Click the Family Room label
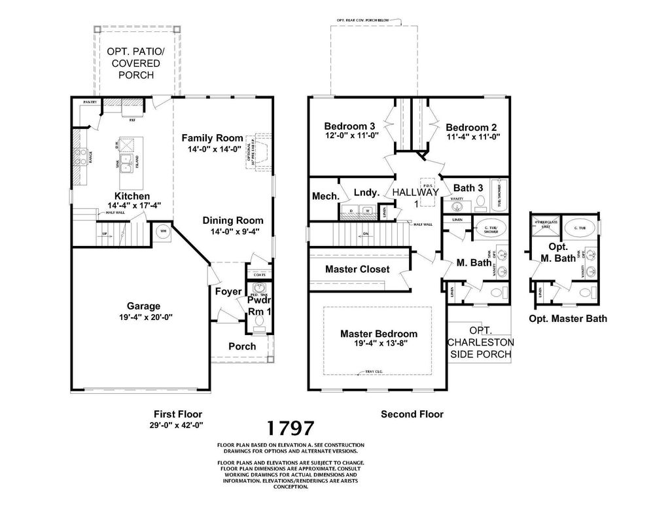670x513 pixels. pos(212,138)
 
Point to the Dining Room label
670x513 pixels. pos(232,221)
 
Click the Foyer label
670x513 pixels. pos(228,291)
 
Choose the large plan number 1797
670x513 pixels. pos(291,429)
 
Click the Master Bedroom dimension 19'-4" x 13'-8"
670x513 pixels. pos(378,344)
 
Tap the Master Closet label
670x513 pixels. pos(357,269)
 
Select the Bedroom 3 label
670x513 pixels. pos(349,126)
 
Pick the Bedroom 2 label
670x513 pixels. pos(472,128)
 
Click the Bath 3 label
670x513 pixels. pos(468,188)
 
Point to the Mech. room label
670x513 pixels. pos(325,196)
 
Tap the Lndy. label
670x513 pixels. pos(366,192)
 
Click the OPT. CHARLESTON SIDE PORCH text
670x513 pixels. pos(481,342)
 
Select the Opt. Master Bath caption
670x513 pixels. pos(567,319)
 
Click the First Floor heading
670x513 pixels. pos(178,414)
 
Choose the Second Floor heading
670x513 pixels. pos(412,414)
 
